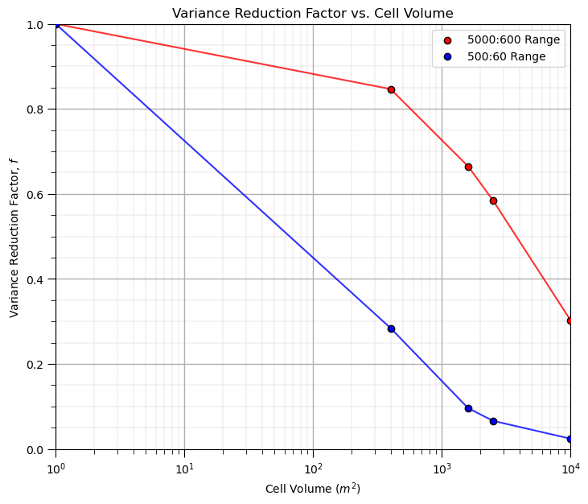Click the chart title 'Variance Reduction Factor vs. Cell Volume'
click(x=313, y=13)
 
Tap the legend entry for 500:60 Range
click(x=506, y=56)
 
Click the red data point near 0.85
click(x=391, y=89)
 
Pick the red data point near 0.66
click(x=468, y=167)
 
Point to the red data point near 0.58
click(x=493, y=200)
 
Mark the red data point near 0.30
click(x=570, y=320)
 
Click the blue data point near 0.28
click(x=391, y=328)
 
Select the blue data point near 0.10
click(x=468, y=408)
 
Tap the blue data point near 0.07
click(x=493, y=421)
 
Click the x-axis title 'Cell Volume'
click(x=313, y=488)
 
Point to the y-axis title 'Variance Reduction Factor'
click(x=14, y=237)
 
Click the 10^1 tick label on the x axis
click(x=184, y=468)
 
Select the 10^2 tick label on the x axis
click(x=313, y=468)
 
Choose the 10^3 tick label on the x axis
click(x=442, y=468)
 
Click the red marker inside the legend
click(x=447, y=39)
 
